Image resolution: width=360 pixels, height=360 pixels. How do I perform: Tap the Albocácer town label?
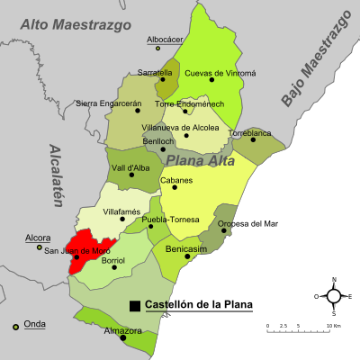[165, 40]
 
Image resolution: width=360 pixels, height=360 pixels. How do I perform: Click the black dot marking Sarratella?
[163, 81]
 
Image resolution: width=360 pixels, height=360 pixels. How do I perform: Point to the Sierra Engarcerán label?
[108, 103]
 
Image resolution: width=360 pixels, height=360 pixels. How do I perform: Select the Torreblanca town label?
[248, 132]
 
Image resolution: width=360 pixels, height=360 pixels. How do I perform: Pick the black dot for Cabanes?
[175, 187]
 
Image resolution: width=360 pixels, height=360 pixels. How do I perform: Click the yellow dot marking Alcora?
[39, 247]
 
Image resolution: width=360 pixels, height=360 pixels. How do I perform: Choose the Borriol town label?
[113, 260]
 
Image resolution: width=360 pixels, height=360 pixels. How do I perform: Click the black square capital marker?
[134, 305]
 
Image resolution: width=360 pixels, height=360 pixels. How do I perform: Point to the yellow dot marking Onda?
[15, 327]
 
